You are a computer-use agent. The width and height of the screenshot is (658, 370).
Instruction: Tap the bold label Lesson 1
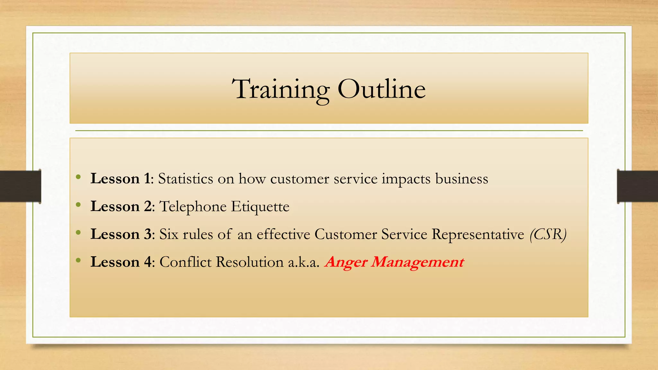(x=120, y=179)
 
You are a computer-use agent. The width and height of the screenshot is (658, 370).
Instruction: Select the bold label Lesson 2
(x=121, y=206)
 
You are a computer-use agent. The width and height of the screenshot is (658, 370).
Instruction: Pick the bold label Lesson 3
(x=121, y=234)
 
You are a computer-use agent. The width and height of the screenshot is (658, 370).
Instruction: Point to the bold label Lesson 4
(x=121, y=262)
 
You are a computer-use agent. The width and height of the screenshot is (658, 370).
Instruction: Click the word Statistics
(x=185, y=179)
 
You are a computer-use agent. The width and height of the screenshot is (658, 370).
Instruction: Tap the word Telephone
(x=193, y=207)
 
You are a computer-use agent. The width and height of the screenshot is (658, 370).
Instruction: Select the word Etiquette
(x=260, y=207)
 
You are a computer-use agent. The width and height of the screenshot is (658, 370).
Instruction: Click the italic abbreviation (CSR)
(x=548, y=234)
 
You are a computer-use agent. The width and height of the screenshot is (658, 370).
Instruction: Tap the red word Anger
(x=346, y=262)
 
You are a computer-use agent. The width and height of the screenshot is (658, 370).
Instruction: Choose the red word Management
(x=417, y=262)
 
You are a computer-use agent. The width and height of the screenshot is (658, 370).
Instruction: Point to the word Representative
(x=478, y=234)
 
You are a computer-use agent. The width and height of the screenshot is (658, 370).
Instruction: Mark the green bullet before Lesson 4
(x=78, y=260)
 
